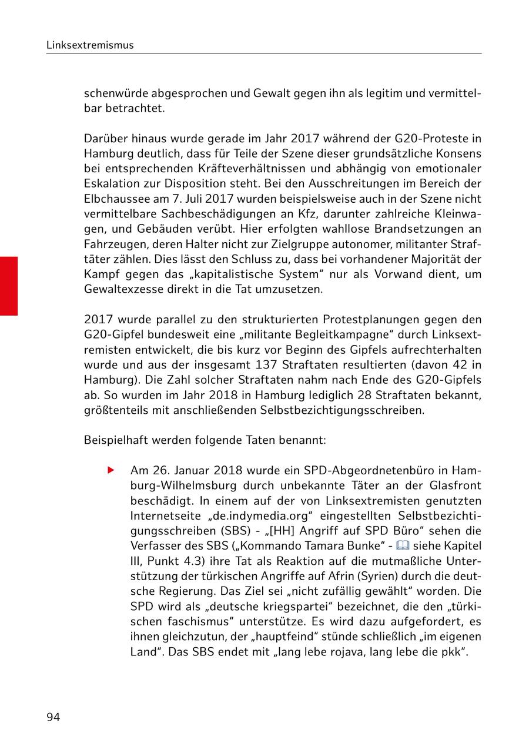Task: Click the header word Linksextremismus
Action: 90,45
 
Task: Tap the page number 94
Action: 53,716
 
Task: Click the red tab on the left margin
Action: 9,286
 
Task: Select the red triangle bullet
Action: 110,471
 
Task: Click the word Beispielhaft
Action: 114,440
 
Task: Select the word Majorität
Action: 431,259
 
